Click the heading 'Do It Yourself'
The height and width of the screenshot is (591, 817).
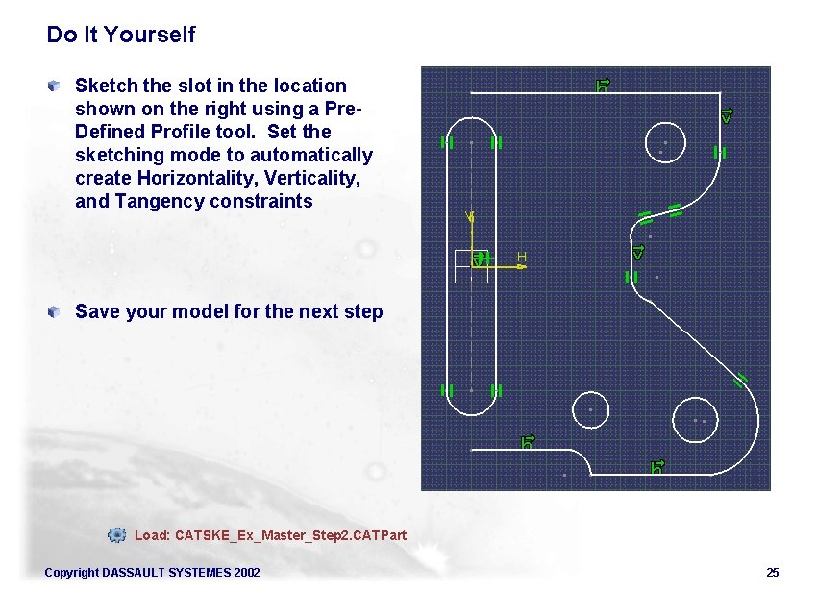(120, 36)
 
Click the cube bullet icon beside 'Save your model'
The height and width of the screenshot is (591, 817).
(57, 310)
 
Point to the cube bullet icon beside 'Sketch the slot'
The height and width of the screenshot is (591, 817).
(57, 86)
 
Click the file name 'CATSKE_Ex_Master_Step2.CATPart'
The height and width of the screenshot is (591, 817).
(291, 534)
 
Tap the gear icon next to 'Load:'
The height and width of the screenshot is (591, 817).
(116, 534)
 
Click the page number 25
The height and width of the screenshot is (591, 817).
(772, 573)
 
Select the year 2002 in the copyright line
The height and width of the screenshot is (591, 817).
(244, 573)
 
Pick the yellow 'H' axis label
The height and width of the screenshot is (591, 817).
(522, 257)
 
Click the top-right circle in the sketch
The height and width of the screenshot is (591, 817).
(665, 141)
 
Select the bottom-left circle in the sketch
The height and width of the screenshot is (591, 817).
(590, 409)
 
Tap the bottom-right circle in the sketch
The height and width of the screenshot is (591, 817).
(700, 420)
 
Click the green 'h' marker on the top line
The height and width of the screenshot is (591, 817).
(603, 86)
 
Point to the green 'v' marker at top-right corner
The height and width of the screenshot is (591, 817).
(727, 115)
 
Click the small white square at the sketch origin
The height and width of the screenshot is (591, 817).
(471, 266)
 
